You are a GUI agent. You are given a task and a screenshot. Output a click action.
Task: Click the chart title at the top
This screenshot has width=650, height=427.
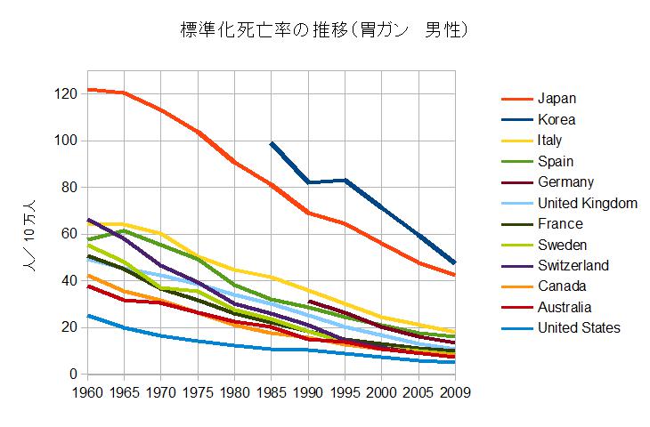coord(324,30)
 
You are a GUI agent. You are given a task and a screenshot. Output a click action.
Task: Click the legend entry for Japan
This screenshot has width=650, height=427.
coord(557,98)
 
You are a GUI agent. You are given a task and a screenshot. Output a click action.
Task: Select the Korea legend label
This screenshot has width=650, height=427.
coord(557,119)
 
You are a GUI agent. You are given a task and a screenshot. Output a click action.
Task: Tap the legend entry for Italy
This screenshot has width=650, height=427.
coord(549,141)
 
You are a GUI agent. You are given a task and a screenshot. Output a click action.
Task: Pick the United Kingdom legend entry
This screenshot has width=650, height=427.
coord(587,203)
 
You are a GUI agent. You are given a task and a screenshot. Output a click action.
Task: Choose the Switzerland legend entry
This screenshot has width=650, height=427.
coord(573,265)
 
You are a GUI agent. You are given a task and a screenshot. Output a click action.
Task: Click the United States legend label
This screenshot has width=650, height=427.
coord(579,328)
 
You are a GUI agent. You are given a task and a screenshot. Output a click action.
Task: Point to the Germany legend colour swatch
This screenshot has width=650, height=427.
coord(516,182)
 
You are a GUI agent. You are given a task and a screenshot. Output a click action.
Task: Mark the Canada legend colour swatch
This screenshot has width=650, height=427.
coord(516,286)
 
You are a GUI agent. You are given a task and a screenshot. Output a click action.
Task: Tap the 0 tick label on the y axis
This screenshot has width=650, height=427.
coord(73,375)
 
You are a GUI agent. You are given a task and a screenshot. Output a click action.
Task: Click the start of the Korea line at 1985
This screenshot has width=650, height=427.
coord(272,143)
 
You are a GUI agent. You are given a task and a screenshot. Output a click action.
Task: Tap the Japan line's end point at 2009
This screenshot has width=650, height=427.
coord(455,275)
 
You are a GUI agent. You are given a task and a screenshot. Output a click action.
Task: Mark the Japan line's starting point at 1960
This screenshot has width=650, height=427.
coord(87,90)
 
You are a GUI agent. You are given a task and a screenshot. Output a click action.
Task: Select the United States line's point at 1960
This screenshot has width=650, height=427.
coord(87,316)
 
